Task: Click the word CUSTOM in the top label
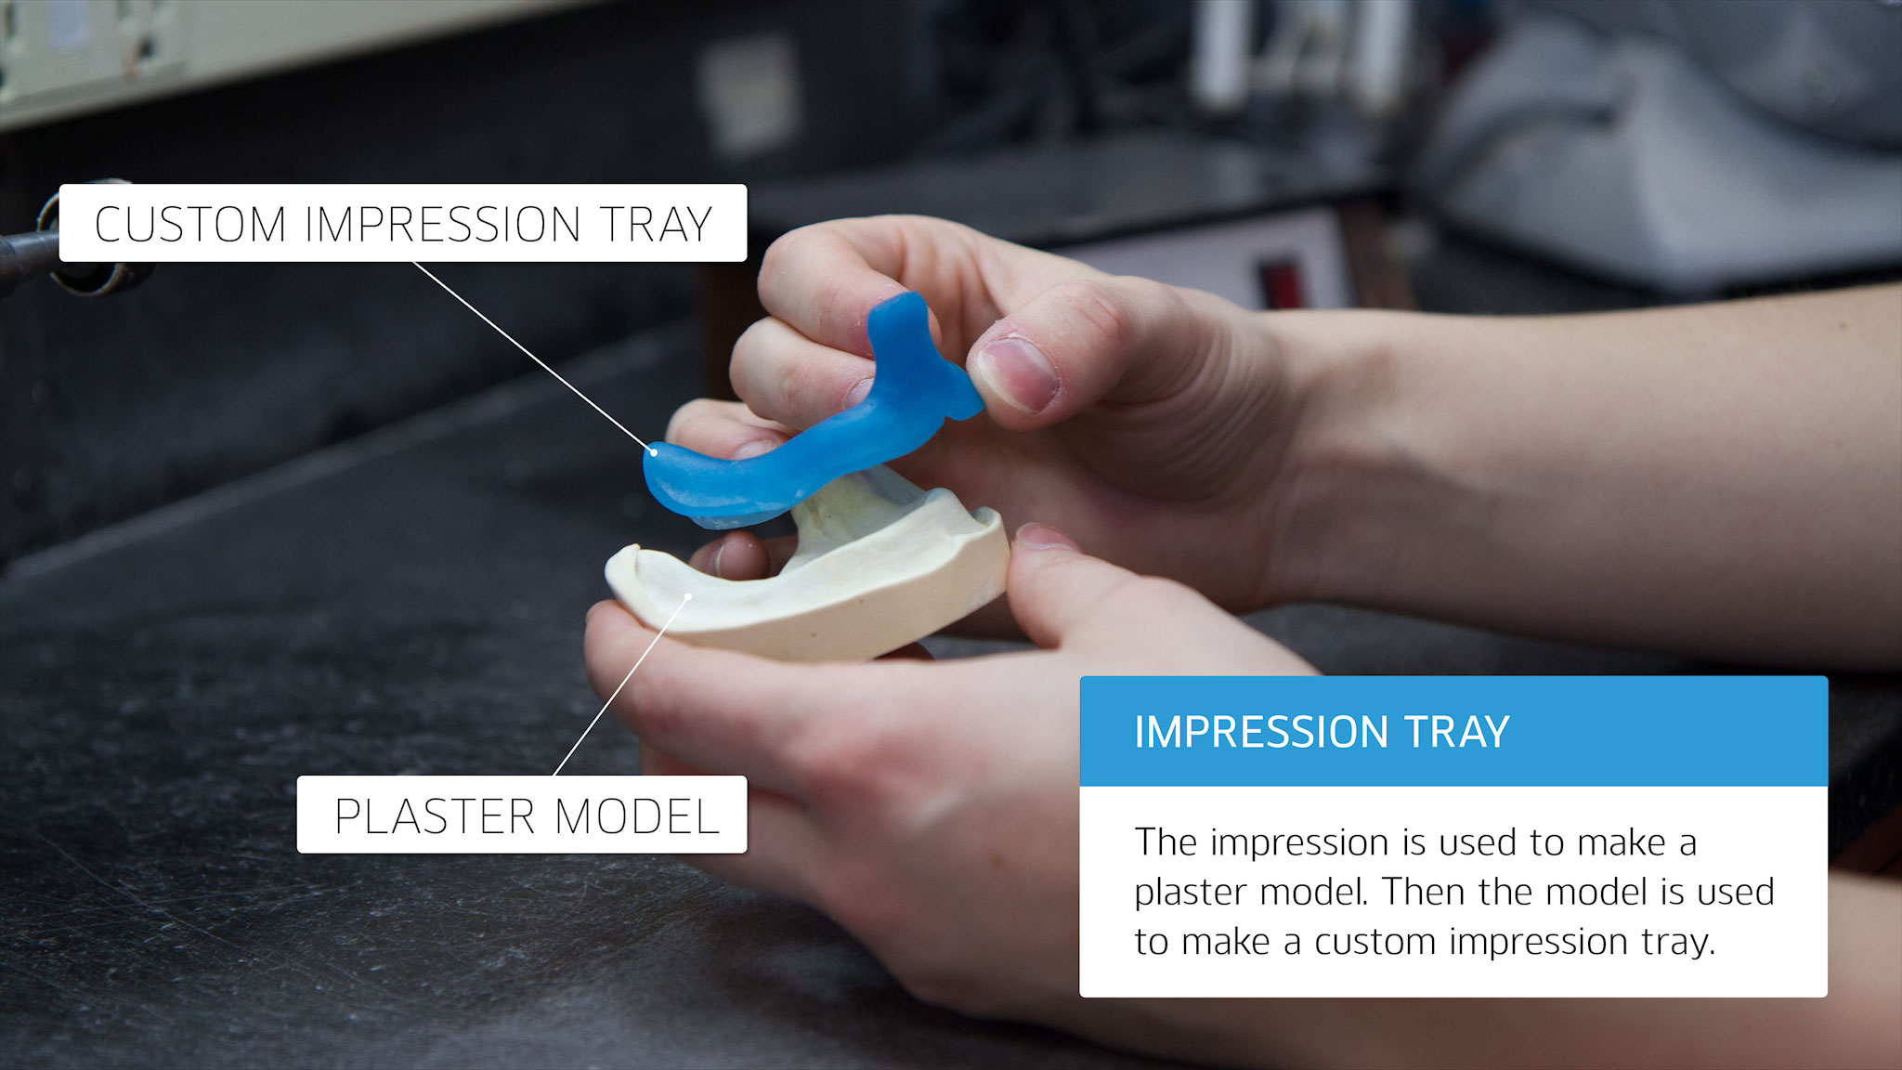click(189, 225)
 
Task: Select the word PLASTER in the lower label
click(433, 816)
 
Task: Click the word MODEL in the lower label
click(637, 816)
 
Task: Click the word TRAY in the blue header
click(1457, 732)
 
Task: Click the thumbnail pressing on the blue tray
click(1018, 373)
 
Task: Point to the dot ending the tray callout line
click(653, 453)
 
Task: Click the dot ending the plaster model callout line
click(688, 596)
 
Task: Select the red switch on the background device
click(1280, 283)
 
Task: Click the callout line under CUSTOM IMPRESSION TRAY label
click(533, 358)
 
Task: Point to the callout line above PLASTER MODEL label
click(621, 686)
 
